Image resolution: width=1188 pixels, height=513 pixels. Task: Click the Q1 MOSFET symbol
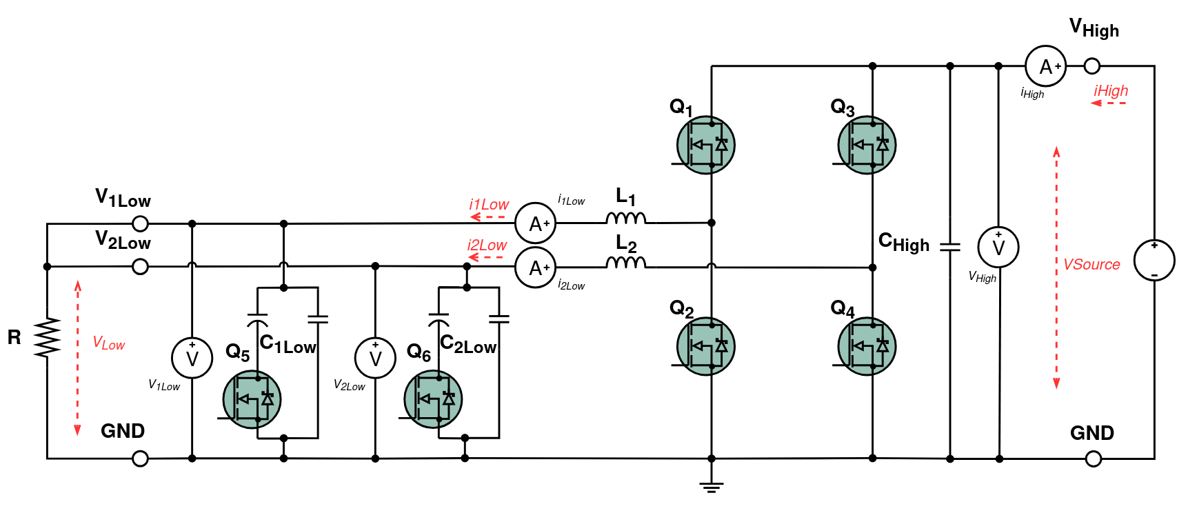click(x=705, y=145)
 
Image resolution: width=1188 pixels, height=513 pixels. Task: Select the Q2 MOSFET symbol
click(x=705, y=346)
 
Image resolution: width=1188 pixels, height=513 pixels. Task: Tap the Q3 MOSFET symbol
click(x=867, y=145)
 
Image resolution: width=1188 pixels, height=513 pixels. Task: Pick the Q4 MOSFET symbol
click(x=867, y=346)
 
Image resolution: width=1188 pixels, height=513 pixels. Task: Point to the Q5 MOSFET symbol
click(x=252, y=399)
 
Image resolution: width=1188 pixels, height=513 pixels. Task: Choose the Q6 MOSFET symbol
click(x=433, y=399)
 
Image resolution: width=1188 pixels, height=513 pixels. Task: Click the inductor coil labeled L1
click(x=626, y=219)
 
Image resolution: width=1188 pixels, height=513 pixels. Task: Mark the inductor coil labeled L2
click(x=626, y=263)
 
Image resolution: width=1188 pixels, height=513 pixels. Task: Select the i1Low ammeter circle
click(x=536, y=223)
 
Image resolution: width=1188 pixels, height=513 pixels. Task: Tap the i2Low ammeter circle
click(x=536, y=268)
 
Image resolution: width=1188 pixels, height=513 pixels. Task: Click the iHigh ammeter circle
click(x=1046, y=66)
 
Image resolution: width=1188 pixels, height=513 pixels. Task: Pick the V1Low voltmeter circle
click(x=192, y=358)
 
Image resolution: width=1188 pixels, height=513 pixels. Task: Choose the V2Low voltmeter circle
click(x=375, y=358)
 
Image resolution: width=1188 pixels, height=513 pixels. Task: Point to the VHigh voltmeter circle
click(x=998, y=247)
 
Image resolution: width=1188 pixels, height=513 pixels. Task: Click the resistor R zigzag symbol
click(x=47, y=337)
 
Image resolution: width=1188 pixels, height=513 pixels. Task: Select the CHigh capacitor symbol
click(x=950, y=246)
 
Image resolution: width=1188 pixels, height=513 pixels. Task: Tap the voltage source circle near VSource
click(x=1154, y=260)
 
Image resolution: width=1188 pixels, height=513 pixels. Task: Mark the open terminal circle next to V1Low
click(x=140, y=223)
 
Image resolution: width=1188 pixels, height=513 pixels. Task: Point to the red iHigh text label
click(x=1111, y=91)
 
